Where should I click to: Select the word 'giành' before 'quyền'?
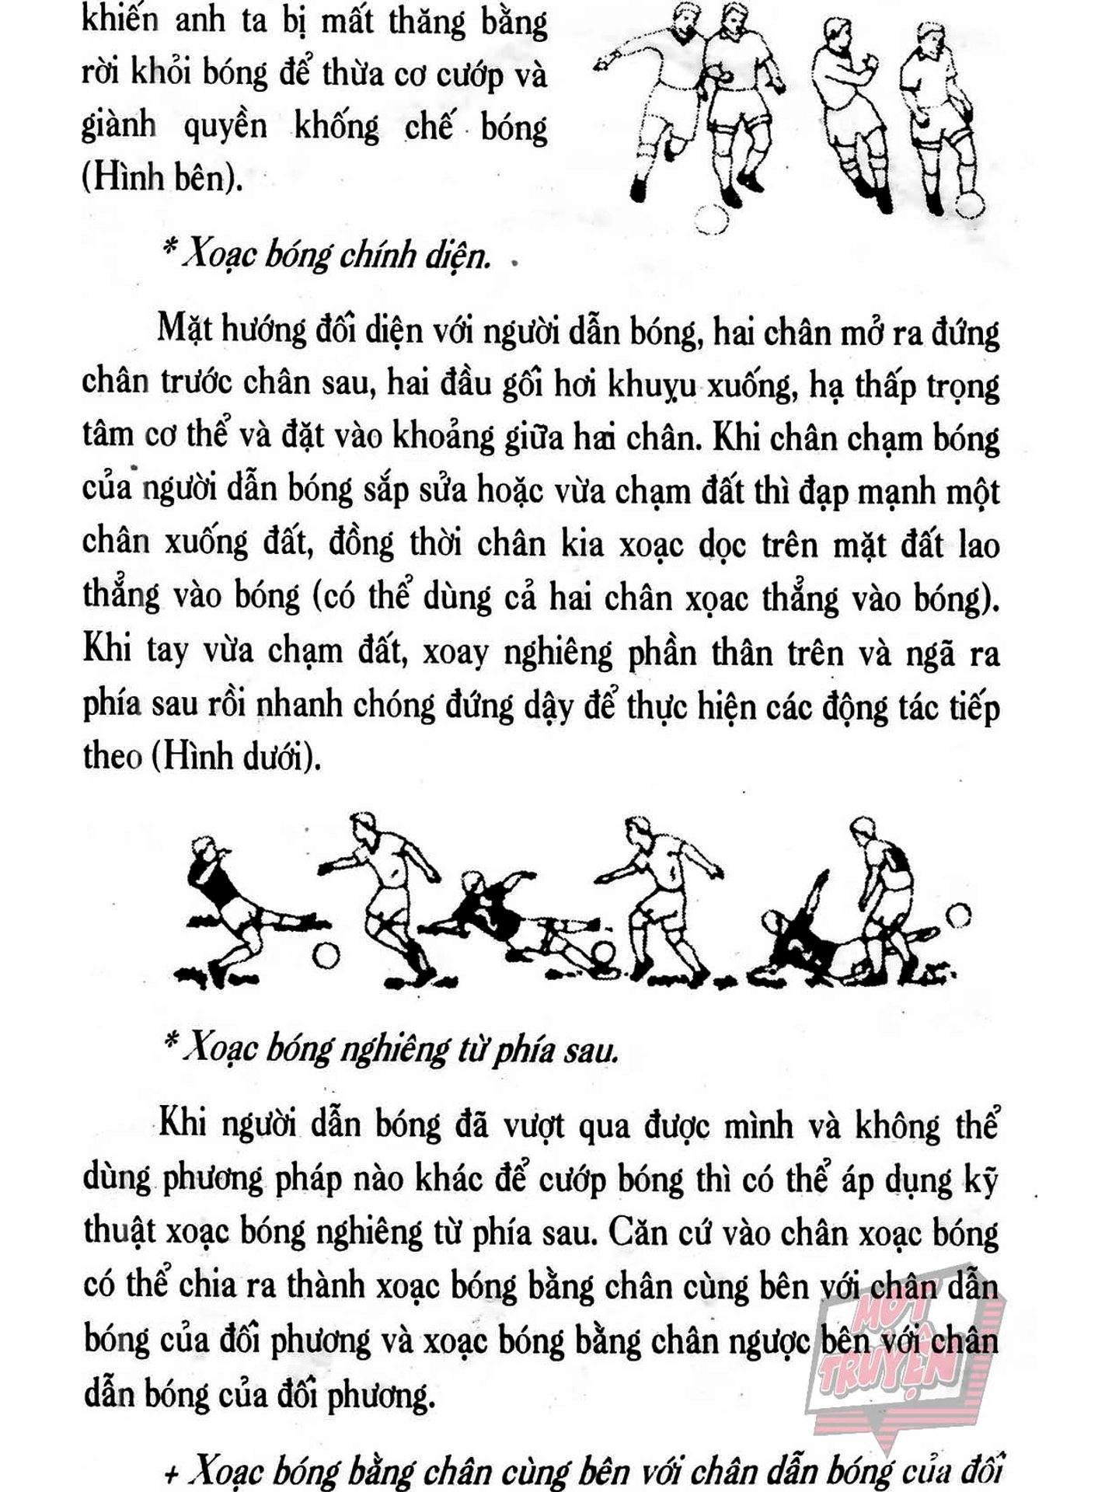point(119,126)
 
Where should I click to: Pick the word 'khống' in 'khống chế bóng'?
point(336,126)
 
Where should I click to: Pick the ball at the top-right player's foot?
point(969,204)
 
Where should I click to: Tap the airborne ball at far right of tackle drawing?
point(961,915)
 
